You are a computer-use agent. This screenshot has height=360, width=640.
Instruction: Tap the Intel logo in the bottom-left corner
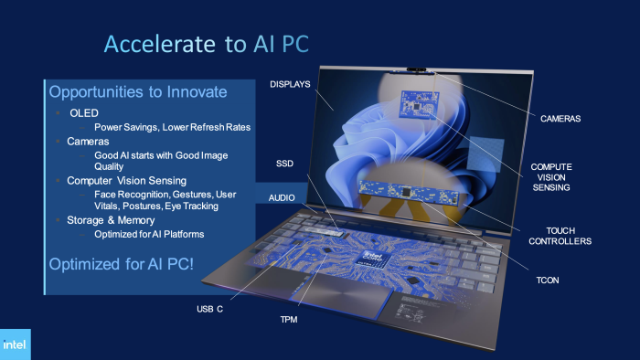[x=15, y=344]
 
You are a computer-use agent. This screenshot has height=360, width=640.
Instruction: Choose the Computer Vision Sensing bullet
[x=126, y=181]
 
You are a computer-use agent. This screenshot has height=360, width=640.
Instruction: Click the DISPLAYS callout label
[x=291, y=84]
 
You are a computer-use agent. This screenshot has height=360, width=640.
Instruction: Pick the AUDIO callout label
[x=282, y=197]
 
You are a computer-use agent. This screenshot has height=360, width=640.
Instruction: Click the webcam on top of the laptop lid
[x=418, y=69]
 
